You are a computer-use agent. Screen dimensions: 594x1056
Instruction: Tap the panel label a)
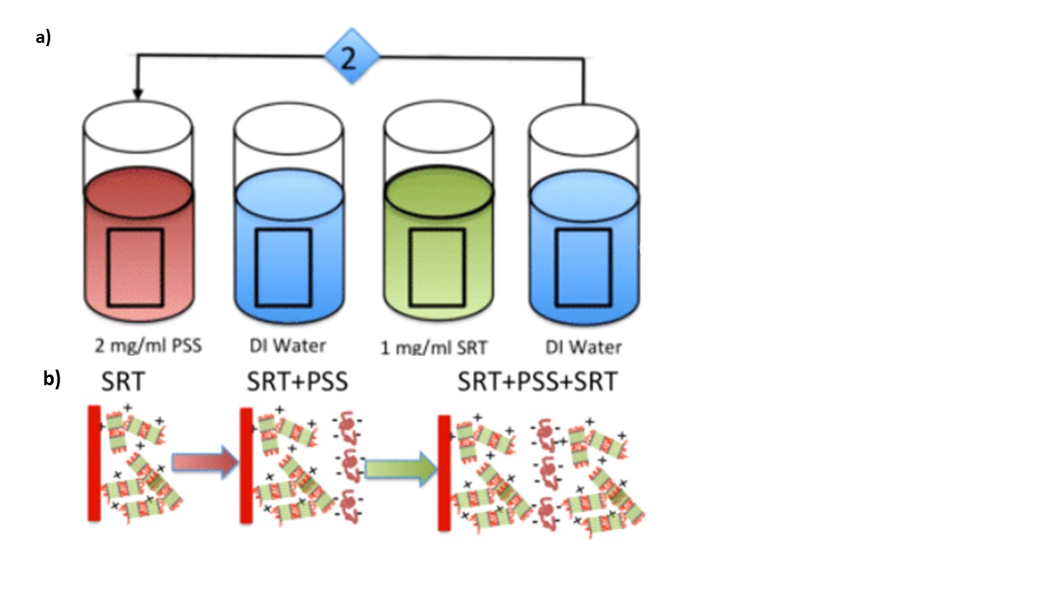pyautogui.click(x=44, y=37)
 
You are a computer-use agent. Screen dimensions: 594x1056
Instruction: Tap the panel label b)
pyautogui.click(x=52, y=379)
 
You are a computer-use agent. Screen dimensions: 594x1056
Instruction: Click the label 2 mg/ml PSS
pyautogui.click(x=149, y=346)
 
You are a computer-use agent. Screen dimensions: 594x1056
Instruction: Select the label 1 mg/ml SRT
pyautogui.click(x=436, y=347)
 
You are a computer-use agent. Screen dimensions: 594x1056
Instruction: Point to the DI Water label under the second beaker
pyautogui.click(x=288, y=346)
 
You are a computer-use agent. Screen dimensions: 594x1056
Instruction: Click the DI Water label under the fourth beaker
pyautogui.click(x=583, y=347)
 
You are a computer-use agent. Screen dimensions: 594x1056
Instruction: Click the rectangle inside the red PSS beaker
pyautogui.click(x=135, y=266)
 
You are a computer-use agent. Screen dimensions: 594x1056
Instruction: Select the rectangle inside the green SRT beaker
pyautogui.click(x=437, y=266)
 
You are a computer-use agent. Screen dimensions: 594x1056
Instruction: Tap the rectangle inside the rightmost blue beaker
pyautogui.click(x=582, y=266)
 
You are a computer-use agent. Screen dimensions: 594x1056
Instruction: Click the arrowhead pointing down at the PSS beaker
pyautogui.click(x=137, y=93)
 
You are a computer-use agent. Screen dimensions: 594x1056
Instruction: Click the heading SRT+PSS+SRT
pyautogui.click(x=537, y=382)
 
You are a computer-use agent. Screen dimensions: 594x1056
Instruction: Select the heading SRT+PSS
pyautogui.click(x=297, y=382)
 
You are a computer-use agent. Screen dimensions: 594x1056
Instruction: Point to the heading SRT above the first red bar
pyautogui.click(x=125, y=382)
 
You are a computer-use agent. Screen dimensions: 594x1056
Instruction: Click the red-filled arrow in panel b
pyautogui.click(x=203, y=464)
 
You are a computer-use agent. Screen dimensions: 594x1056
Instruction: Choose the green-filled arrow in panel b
pyautogui.click(x=400, y=469)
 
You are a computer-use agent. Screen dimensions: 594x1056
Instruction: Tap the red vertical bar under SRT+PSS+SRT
pyautogui.click(x=445, y=473)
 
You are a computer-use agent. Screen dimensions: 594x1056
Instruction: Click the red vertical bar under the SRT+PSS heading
pyautogui.click(x=246, y=464)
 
